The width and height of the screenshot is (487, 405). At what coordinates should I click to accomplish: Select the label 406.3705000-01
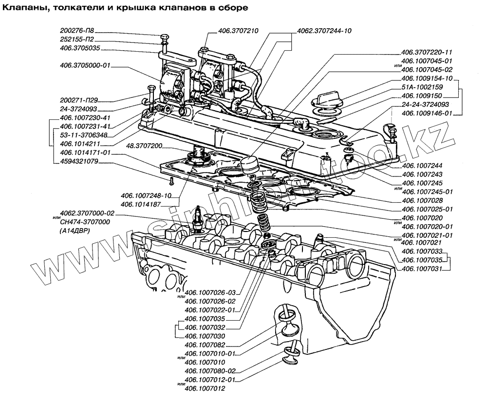(85, 65)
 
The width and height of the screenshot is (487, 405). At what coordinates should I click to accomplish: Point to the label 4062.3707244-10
(324, 30)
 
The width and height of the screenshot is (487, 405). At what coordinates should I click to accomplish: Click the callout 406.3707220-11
(427, 52)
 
